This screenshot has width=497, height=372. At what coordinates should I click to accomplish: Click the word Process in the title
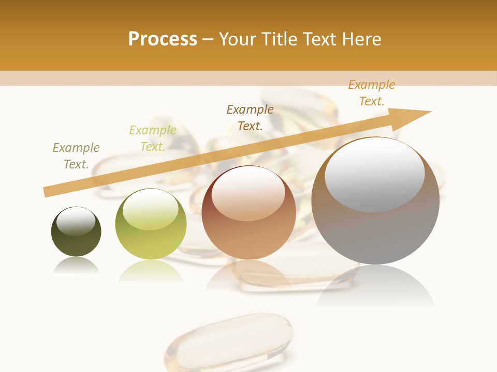click(x=163, y=39)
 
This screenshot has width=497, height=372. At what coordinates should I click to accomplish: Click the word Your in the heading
click(x=238, y=39)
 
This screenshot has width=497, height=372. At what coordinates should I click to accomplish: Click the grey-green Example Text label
click(x=76, y=156)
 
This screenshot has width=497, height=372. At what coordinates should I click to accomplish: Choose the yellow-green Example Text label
click(x=153, y=138)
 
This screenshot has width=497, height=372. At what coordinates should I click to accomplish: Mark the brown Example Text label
click(x=250, y=117)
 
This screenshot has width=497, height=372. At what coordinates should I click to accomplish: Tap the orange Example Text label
click(x=371, y=93)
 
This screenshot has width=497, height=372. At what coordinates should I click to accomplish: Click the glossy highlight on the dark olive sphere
click(x=76, y=221)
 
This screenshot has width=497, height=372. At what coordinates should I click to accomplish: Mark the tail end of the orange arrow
click(x=46, y=192)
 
